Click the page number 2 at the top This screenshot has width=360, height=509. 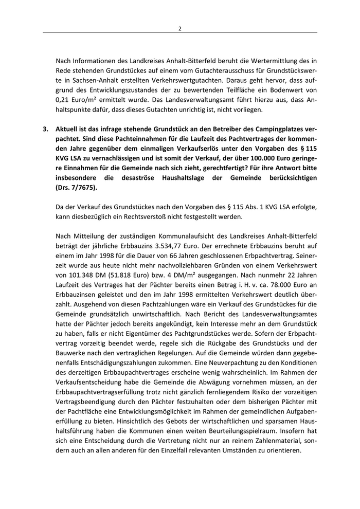click(180, 28)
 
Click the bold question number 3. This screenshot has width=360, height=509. click(46, 130)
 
